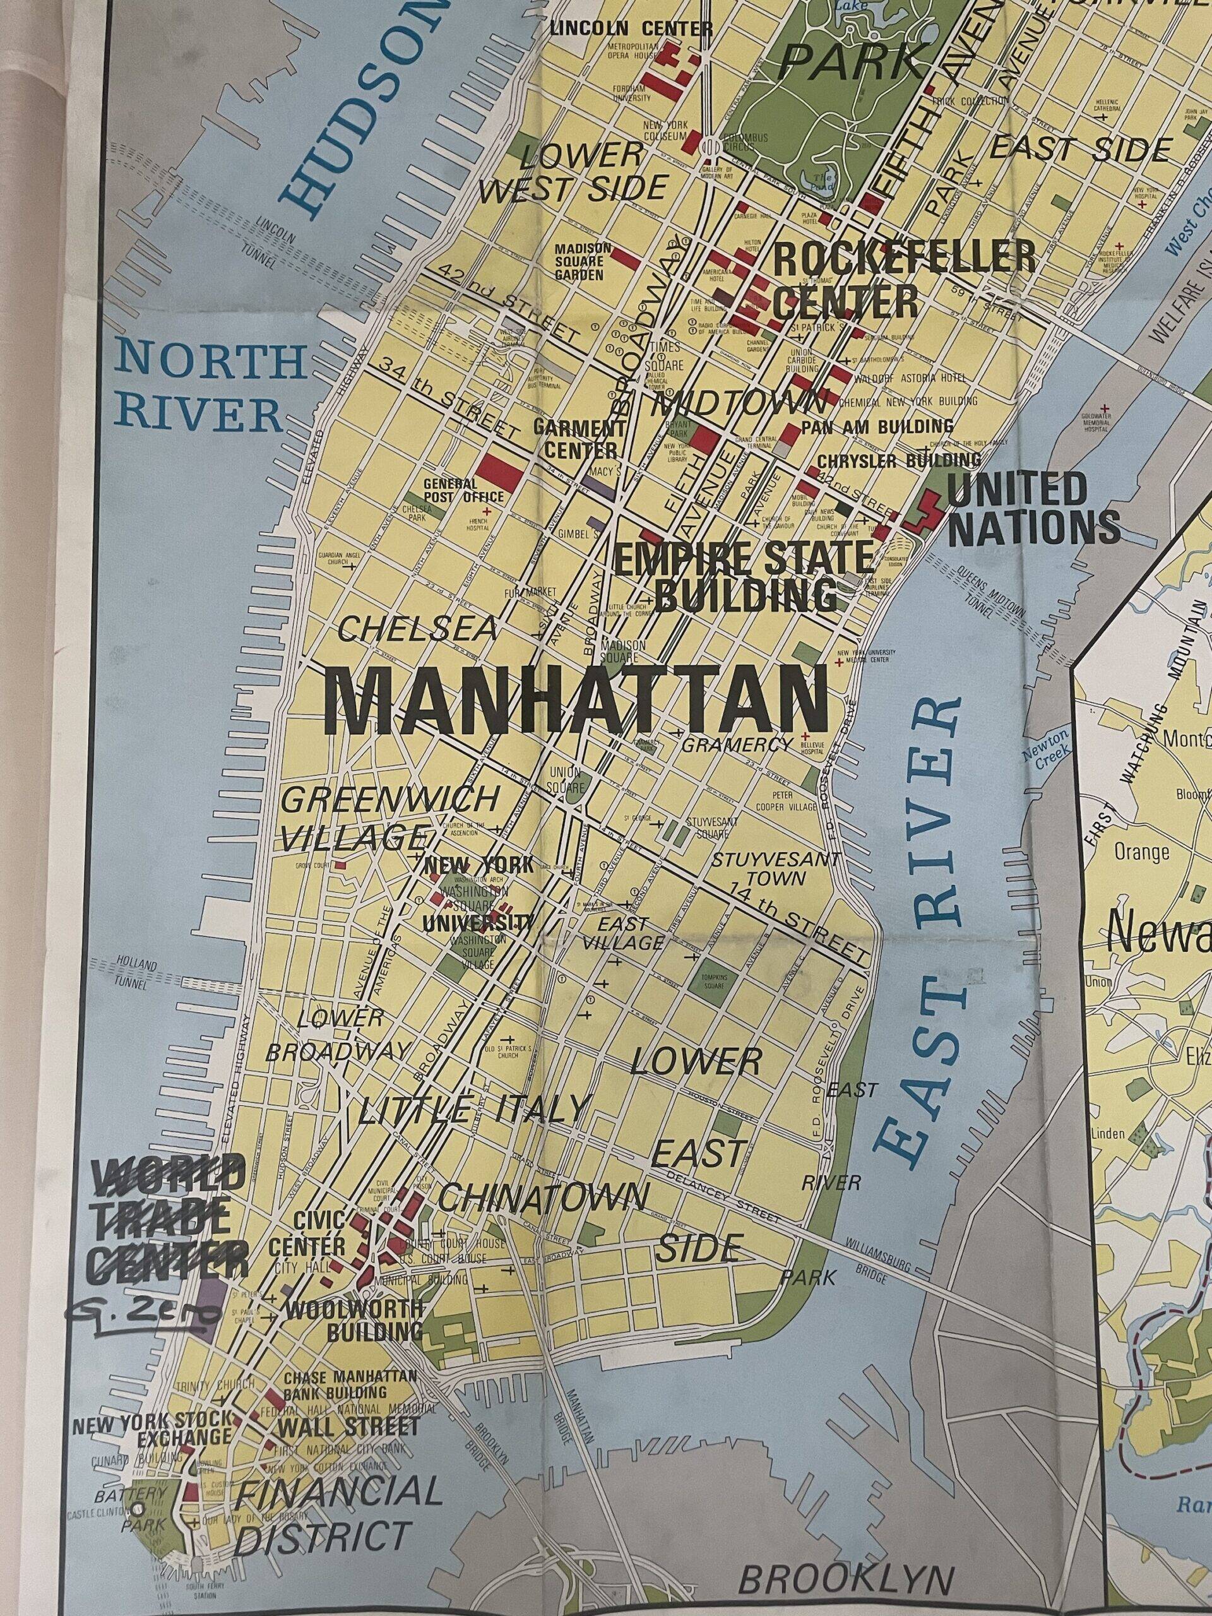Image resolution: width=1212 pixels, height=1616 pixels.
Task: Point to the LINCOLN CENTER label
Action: [x=631, y=28]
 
